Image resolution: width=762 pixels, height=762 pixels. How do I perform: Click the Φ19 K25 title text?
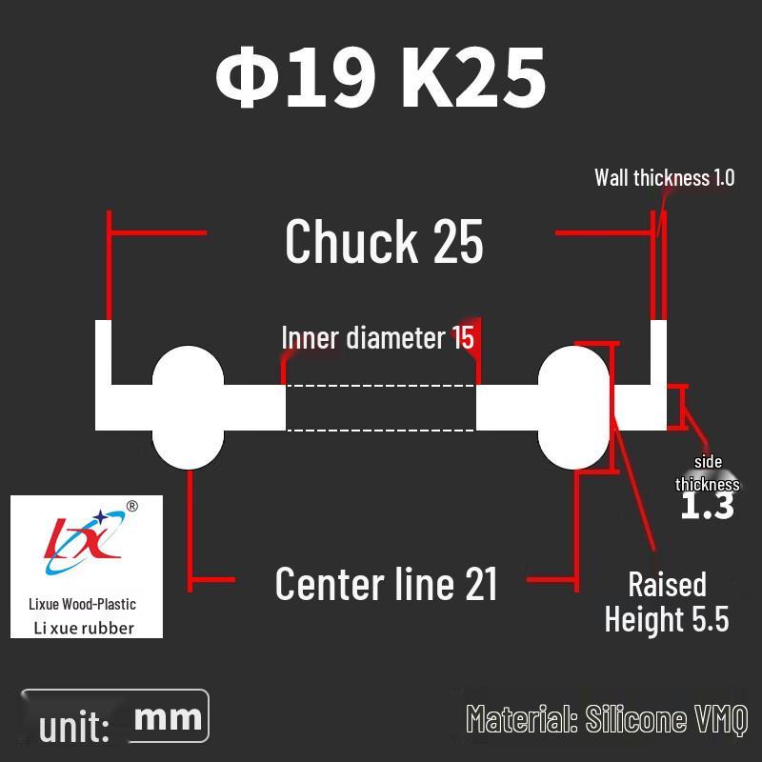click(x=380, y=77)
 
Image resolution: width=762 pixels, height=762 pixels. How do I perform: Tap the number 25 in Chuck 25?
click(x=458, y=241)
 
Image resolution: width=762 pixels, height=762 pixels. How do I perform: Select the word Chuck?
click(x=351, y=241)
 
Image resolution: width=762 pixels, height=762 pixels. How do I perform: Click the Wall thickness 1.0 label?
click(x=664, y=177)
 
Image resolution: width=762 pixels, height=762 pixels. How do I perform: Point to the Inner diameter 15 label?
click(x=377, y=337)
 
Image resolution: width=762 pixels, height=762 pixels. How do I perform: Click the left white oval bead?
click(x=188, y=408)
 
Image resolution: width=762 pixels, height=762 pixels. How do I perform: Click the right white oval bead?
click(x=573, y=408)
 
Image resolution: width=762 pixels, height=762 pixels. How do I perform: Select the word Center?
click(x=331, y=584)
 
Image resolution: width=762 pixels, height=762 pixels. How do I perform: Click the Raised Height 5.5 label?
click(x=667, y=602)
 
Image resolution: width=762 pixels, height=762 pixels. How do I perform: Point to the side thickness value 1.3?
click(x=707, y=506)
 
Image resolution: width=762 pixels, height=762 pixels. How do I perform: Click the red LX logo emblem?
click(x=83, y=541)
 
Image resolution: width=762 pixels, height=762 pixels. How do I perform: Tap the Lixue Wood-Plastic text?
click(x=82, y=604)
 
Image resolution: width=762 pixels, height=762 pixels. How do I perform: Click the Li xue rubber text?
click(x=84, y=628)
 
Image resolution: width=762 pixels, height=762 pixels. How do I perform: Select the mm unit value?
click(x=168, y=718)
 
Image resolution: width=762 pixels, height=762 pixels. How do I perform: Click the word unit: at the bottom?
click(x=74, y=727)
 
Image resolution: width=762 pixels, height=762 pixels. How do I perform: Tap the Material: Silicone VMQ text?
click(x=607, y=719)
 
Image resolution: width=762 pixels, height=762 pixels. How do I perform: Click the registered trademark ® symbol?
click(x=131, y=507)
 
